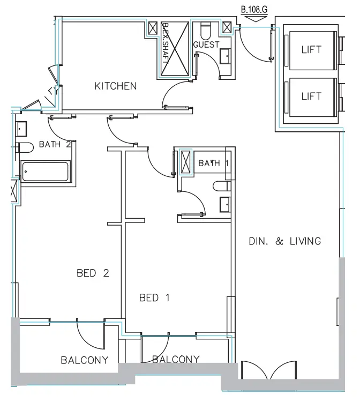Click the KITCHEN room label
coord(115,86)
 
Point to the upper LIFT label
coord(311,50)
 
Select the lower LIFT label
coord(311,96)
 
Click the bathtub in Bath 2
coord(46,173)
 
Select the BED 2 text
coord(93,273)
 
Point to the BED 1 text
coord(154,297)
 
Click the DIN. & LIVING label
coord(285,241)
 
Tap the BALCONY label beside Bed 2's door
coord(85,360)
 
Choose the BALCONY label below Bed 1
coord(176,359)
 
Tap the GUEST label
coord(206,44)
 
